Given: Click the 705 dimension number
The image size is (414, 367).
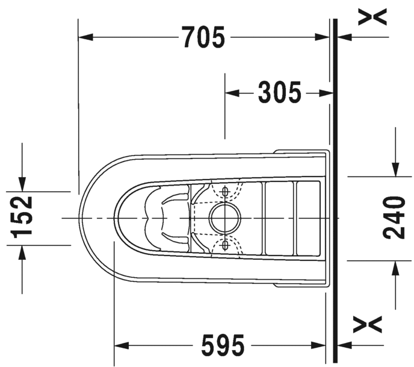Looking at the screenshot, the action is coord(204,37).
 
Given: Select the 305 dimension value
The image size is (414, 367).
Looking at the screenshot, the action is coord(279,92).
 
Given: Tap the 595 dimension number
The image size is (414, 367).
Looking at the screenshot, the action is coord(223,345).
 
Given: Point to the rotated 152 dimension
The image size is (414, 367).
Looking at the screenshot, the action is coord(22,217).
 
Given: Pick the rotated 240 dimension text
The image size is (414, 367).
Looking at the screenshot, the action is coord(394,218).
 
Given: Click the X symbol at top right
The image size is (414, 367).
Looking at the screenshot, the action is coord(372,17).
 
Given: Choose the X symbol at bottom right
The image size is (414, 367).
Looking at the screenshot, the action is coord(368,324).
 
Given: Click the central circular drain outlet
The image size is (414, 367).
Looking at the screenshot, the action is coord(225,218).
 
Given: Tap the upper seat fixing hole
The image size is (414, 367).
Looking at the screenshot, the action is coord(225,192).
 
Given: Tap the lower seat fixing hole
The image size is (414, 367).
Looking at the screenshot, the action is coord(225,245).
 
